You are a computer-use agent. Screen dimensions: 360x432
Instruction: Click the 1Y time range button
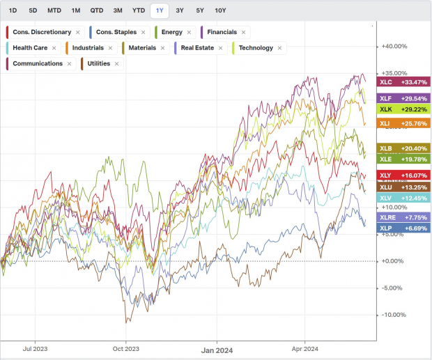tap(160, 10)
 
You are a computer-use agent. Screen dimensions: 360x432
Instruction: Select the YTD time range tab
tap(139, 10)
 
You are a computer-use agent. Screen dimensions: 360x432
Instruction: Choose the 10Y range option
tap(220, 10)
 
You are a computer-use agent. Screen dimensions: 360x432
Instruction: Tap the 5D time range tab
tap(33, 10)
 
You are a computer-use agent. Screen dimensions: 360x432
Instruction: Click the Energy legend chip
tap(171, 32)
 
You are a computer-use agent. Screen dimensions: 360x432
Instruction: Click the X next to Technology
tap(280, 48)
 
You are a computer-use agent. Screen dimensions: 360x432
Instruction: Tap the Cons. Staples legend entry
tap(116, 32)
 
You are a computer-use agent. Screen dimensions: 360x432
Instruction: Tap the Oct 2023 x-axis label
tap(126, 349)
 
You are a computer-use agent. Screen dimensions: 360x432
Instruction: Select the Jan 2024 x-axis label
tap(215, 349)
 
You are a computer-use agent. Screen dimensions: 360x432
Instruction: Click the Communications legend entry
tap(42, 64)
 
